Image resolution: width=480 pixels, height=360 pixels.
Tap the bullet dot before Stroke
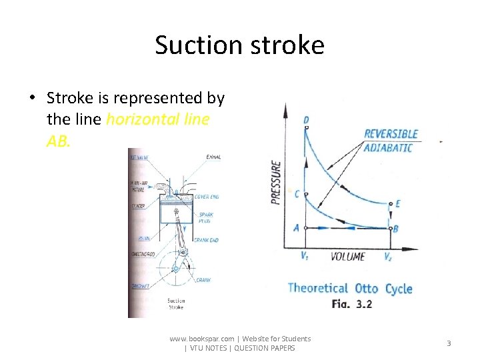tap(31, 99)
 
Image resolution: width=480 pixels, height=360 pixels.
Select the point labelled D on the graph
tap(306, 121)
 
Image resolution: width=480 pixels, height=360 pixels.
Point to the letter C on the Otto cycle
tap(297, 194)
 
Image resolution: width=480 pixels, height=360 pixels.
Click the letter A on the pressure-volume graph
tap(297, 228)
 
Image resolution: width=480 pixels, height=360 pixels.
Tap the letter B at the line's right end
tap(396, 229)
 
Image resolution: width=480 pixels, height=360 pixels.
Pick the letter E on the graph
tap(398, 203)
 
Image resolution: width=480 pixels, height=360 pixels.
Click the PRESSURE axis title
tap(276, 181)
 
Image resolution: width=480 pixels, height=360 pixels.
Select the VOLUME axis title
tap(348, 256)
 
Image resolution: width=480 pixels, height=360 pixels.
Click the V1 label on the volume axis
tap(305, 256)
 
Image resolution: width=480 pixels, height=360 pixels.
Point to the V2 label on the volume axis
tap(388, 256)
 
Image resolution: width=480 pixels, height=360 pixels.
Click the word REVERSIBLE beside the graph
tap(391, 135)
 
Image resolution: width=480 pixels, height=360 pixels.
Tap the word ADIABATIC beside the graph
tap(389, 147)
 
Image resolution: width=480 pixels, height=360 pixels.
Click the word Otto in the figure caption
tap(367, 289)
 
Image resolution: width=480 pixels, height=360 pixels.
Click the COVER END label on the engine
tap(207, 197)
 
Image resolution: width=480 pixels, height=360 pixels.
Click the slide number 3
tap(449, 343)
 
